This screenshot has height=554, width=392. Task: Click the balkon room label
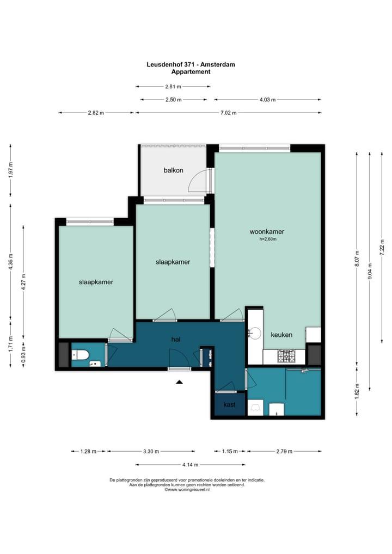173,170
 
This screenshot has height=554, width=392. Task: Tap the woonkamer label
267,232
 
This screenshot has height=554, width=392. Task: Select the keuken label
281,335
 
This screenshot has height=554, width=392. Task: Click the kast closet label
229,404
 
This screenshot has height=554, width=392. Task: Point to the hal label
176,340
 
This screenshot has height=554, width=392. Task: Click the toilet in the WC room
79,355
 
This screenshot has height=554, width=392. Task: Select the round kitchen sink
254,333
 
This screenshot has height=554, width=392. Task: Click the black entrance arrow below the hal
180,381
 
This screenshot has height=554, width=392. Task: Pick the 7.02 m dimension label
228,113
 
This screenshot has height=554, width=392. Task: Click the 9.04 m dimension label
370,272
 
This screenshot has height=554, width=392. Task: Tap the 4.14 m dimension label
190,465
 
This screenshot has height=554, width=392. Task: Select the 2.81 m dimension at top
173,87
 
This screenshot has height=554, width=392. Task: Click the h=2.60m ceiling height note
267,239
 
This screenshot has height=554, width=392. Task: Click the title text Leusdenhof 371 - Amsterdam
191,64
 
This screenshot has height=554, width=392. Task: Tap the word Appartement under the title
191,72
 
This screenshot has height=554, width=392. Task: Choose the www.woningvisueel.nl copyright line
187,490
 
